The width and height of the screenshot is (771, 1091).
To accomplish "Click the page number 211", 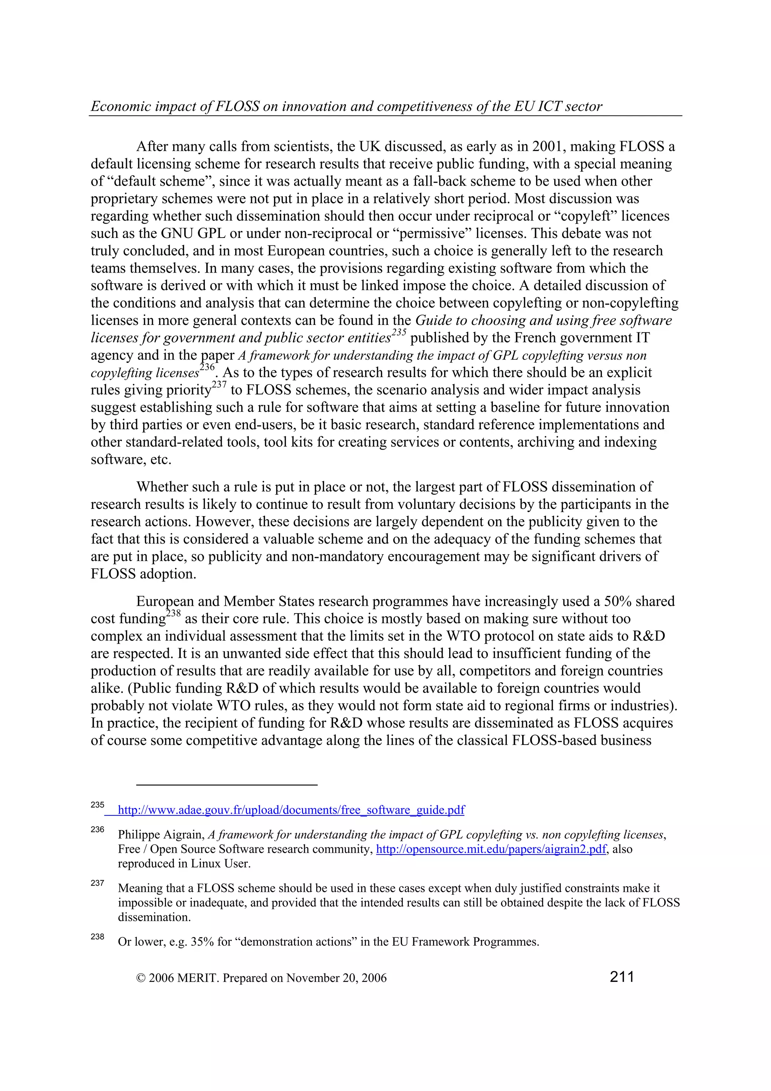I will pos(622,977).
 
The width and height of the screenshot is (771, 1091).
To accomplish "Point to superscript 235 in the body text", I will pos(399,333).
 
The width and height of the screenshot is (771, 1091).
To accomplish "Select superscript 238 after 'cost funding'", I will pos(174,613).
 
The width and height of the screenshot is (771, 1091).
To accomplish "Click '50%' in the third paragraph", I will pos(617,601).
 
